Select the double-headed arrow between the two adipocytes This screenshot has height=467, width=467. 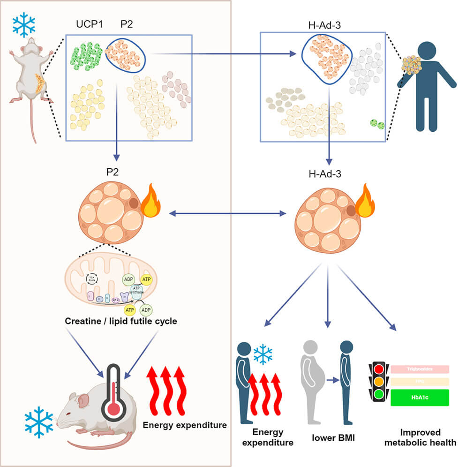[x=227, y=214]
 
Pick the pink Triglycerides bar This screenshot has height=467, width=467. [x=420, y=369]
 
